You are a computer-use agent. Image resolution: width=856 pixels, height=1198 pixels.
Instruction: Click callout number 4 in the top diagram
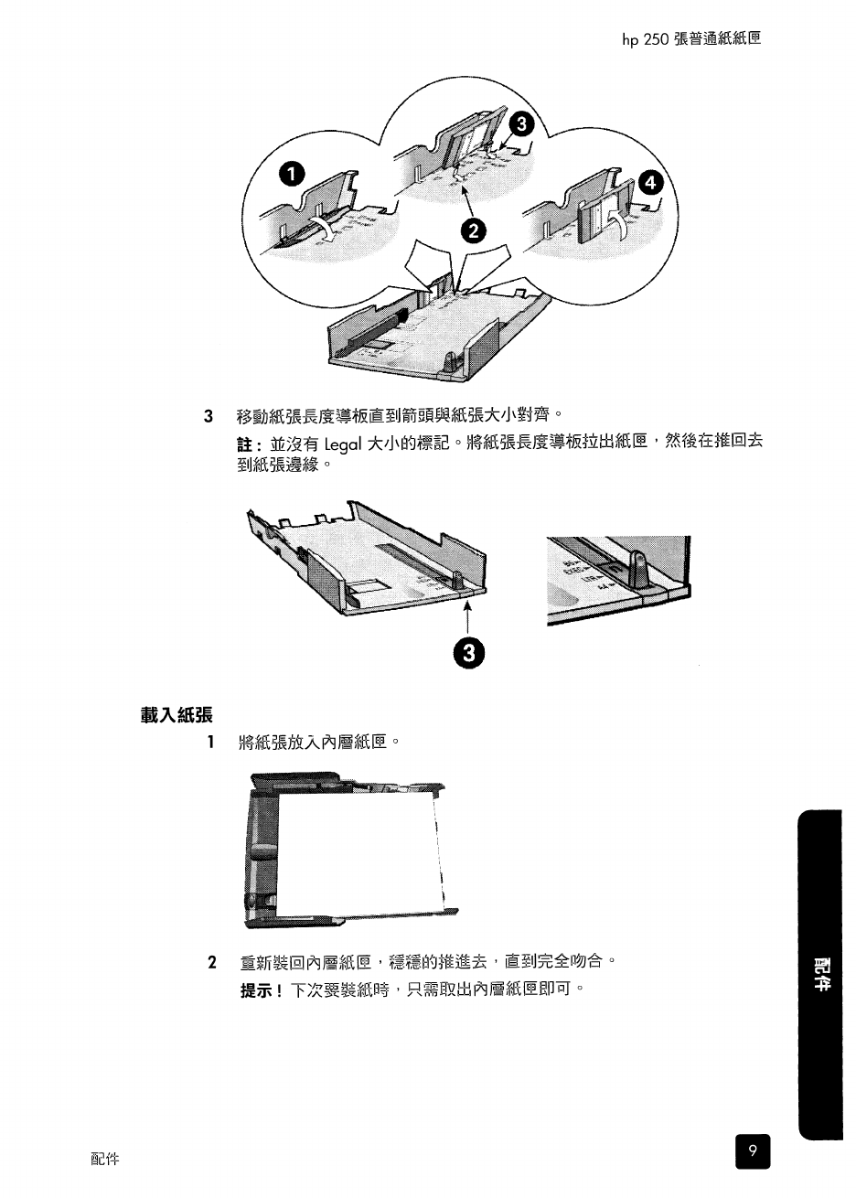[x=650, y=183]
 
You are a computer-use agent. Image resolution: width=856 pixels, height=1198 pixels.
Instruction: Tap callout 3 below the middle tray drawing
[x=468, y=652]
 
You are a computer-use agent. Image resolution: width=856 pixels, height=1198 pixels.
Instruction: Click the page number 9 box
[x=752, y=1151]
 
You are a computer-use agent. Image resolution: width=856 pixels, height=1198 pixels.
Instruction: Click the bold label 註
[x=245, y=445]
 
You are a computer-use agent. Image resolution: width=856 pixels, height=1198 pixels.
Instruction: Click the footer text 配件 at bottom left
[x=105, y=1160]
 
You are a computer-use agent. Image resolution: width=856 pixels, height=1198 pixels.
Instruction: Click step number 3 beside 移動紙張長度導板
[x=210, y=417]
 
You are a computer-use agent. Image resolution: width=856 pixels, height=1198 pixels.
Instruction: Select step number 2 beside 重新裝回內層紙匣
[x=212, y=963]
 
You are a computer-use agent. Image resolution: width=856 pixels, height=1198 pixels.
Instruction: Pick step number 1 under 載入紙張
[x=211, y=742]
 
